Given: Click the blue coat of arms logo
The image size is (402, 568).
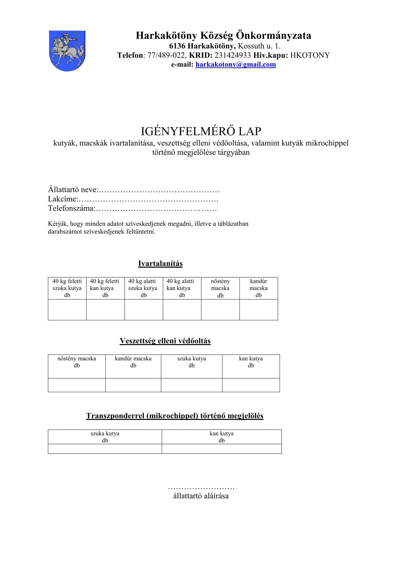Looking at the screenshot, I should (x=67, y=51).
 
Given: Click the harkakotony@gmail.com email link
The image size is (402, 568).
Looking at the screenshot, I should (x=235, y=64).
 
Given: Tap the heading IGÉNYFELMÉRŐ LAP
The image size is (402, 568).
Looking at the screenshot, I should (x=201, y=131).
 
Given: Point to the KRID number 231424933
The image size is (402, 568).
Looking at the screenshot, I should (x=232, y=55).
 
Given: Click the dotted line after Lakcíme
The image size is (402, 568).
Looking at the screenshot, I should (x=148, y=199).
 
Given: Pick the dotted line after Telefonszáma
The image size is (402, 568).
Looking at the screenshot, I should (x=156, y=209).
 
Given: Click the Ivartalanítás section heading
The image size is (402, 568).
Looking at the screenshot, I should (x=160, y=263).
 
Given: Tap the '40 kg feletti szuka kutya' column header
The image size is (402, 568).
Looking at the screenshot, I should (x=67, y=288).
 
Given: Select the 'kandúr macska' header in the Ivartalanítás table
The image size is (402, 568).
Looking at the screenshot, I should (x=258, y=288).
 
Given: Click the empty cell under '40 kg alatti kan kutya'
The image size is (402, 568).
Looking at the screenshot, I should (x=182, y=310).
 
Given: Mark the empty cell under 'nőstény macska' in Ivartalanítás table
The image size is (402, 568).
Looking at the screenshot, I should (x=220, y=310).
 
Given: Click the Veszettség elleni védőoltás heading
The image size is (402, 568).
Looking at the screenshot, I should (x=165, y=341).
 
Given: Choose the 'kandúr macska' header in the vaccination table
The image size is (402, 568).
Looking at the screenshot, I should (x=133, y=362).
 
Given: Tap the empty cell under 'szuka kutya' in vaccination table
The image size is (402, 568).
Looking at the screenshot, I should (x=191, y=385).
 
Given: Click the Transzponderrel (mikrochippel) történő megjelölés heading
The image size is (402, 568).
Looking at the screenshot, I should (x=174, y=416).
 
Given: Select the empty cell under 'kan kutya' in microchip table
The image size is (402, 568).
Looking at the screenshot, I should (x=221, y=449).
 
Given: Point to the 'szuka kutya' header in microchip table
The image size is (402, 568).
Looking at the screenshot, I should (x=105, y=437).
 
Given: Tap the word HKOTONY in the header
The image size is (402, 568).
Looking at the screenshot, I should (x=310, y=55).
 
